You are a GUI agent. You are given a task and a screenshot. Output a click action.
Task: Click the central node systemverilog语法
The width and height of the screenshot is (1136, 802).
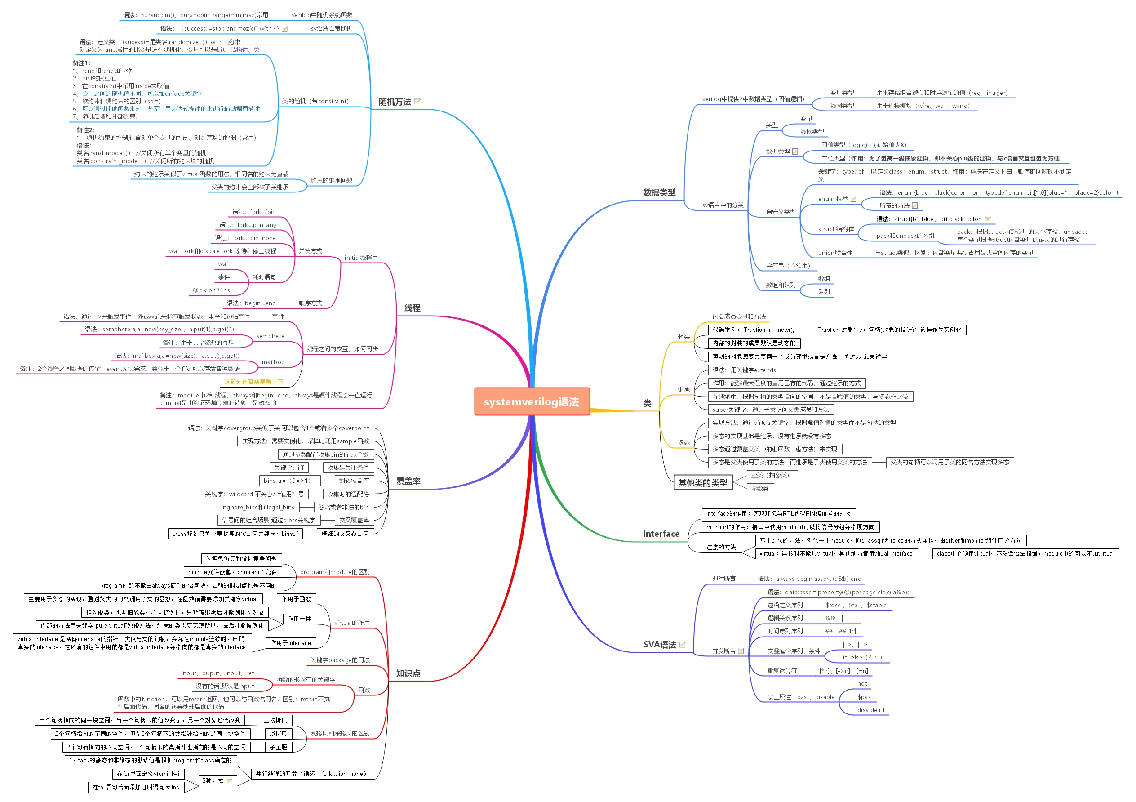pyautogui.click(x=532, y=401)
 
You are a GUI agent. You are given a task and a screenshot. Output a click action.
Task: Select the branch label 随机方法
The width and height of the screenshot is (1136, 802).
pyautogui.click(x=395, y=102)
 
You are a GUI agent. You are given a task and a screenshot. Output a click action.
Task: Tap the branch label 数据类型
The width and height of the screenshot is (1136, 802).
pyautogui.click(x=659, y=192)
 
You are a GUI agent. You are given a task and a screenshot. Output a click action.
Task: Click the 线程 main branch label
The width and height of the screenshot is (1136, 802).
pyautogui.click(x=412, y=308)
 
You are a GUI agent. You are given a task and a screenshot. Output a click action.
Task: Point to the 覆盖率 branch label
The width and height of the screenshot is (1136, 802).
pyautogui.click(x=408, y=481)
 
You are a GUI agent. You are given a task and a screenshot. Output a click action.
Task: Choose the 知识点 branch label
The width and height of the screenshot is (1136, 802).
pyautogui.click(x=408, y=673)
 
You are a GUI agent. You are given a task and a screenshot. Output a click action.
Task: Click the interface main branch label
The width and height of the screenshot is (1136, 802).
pyautogui.click(x=661, y=534)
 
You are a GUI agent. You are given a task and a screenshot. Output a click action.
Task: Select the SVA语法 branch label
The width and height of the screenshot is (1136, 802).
pyautogui.click(x=659, y=645)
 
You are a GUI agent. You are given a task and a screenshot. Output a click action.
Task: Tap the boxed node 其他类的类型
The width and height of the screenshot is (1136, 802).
pyautogui.click(x=702, y=483)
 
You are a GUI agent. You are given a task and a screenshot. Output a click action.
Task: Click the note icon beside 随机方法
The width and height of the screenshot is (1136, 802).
pyautogui.click(x=417, y=102)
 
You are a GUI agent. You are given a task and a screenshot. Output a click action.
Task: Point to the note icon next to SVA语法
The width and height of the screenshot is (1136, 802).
pyautogui.click(x=682, y=645)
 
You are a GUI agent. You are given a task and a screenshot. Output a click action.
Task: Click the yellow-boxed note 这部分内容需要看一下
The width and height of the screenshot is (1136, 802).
pyautogui.click(x=253, y=382)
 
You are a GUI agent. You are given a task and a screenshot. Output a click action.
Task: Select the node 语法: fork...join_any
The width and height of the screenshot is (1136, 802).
pyautogui.click(x=248, y=225)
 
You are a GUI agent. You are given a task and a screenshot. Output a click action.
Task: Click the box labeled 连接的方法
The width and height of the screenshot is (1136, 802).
pyautogui.click(x=721, y=547)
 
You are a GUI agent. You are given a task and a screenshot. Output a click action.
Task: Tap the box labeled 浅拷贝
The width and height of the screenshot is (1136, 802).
pyautogui.click(x=278, y=734)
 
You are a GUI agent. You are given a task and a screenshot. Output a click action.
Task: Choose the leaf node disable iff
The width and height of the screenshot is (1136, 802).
pyautogui.click(x=871, y=710)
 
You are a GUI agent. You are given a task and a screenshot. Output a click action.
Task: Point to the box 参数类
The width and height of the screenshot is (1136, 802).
pyautogui.click(x=760, y=489)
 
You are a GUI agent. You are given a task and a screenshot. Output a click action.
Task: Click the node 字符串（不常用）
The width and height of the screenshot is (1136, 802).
pyautogui.click(x=788, y=266)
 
